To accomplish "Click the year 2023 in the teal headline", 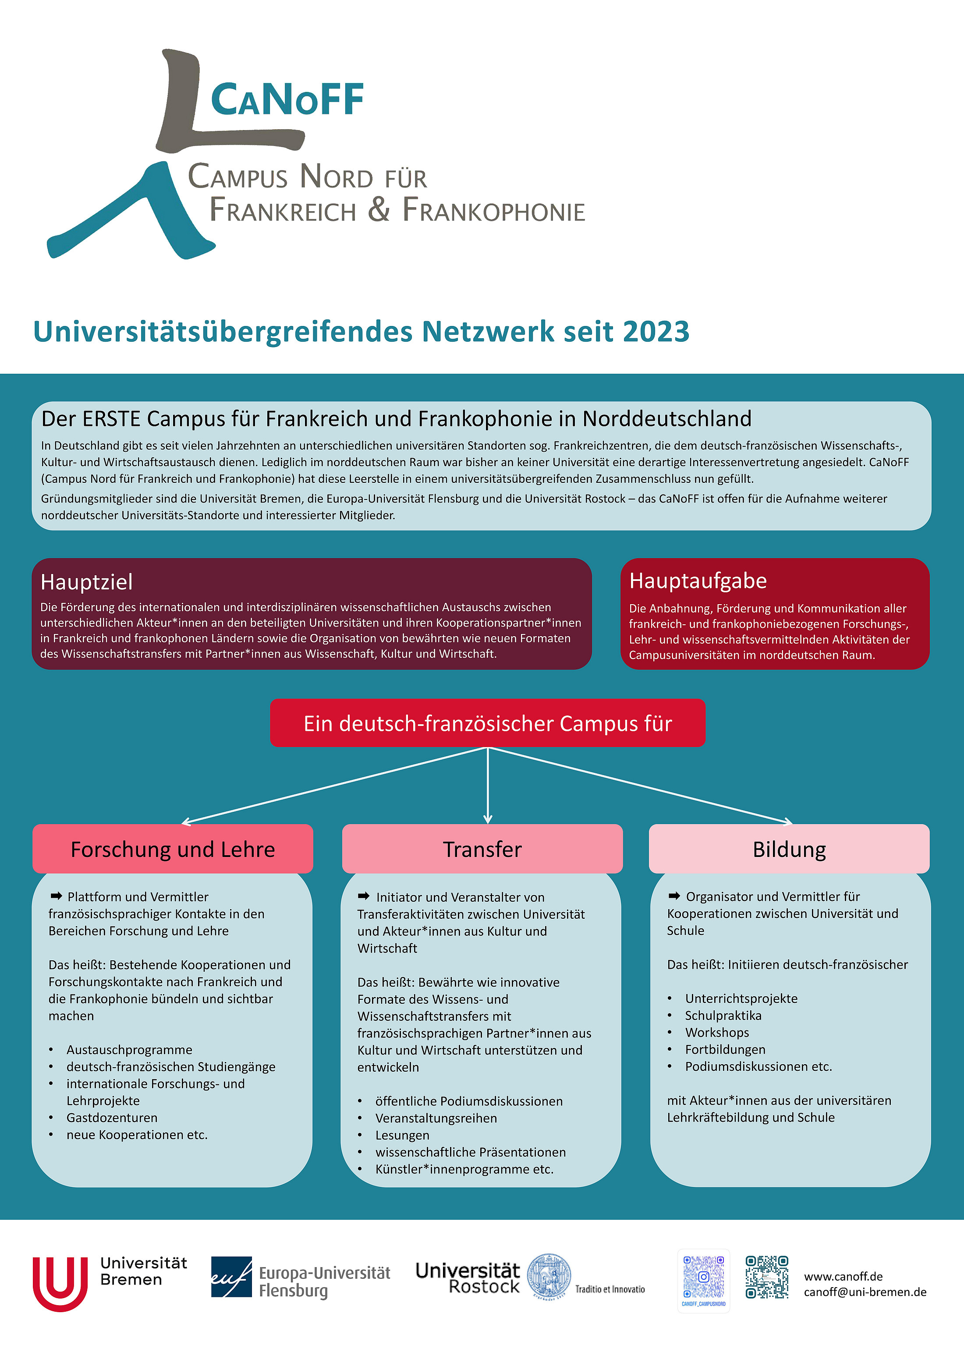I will click(656, 331).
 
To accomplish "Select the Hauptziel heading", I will click(87, 582).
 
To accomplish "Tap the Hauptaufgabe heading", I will click(698, 581).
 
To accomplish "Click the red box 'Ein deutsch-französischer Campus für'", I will click(487, 723).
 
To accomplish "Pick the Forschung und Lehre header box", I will click(173, 849).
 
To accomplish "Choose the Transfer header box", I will click(482, 849).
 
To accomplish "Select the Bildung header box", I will click(789, 849).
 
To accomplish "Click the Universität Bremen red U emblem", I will click(60, 1283).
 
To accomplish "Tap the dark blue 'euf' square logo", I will click(231, 1277).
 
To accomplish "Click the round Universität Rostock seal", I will click(549, 1276).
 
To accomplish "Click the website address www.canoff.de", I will click(843, 1276).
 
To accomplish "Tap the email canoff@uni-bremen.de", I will click(865, 1292).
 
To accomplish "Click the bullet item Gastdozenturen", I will click(112, 1118).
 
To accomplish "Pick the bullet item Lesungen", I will click(402, 1135).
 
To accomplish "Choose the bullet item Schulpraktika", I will click(723, 1015).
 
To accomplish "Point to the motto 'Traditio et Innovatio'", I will click(610, 1289).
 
